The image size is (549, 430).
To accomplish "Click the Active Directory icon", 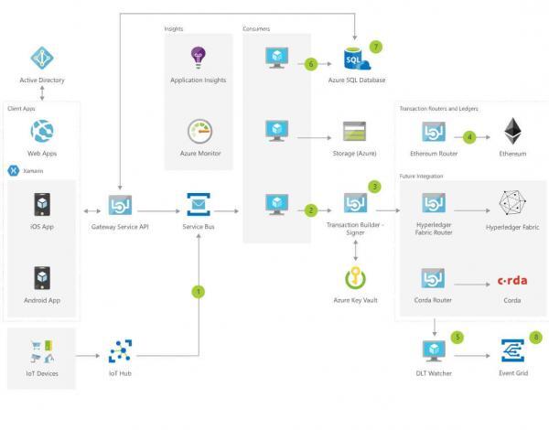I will (42, 59).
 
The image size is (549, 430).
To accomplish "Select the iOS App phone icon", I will (42, 203).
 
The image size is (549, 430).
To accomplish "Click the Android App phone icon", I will (42, 277).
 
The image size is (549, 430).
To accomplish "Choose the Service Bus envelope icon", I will (199, 203).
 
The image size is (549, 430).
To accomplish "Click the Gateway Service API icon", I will (121, 203).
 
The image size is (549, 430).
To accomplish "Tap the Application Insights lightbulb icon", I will (199, 59).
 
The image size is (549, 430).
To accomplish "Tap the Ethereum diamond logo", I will (512, 131).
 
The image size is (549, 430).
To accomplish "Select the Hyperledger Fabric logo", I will (512, 203).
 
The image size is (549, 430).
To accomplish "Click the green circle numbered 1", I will (199, 292).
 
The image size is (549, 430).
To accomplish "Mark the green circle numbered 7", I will (375, 46).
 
